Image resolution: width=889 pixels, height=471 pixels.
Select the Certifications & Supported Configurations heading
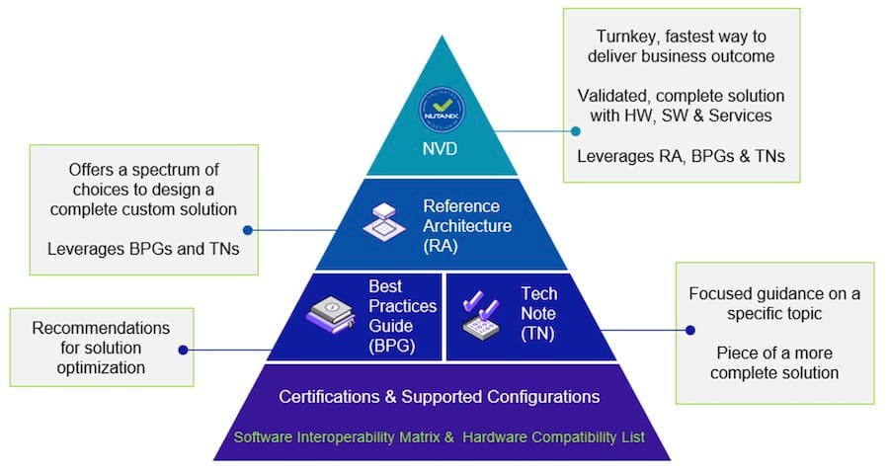(x=440, y=397)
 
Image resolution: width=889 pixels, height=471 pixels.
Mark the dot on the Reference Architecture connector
(x=247, y=230)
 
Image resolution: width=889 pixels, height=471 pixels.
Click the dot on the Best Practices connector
(x=184, y=349)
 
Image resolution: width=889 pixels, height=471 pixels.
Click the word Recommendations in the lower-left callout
(x=101, y=328)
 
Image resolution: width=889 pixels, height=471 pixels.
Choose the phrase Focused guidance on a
(x=773, y=293)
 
